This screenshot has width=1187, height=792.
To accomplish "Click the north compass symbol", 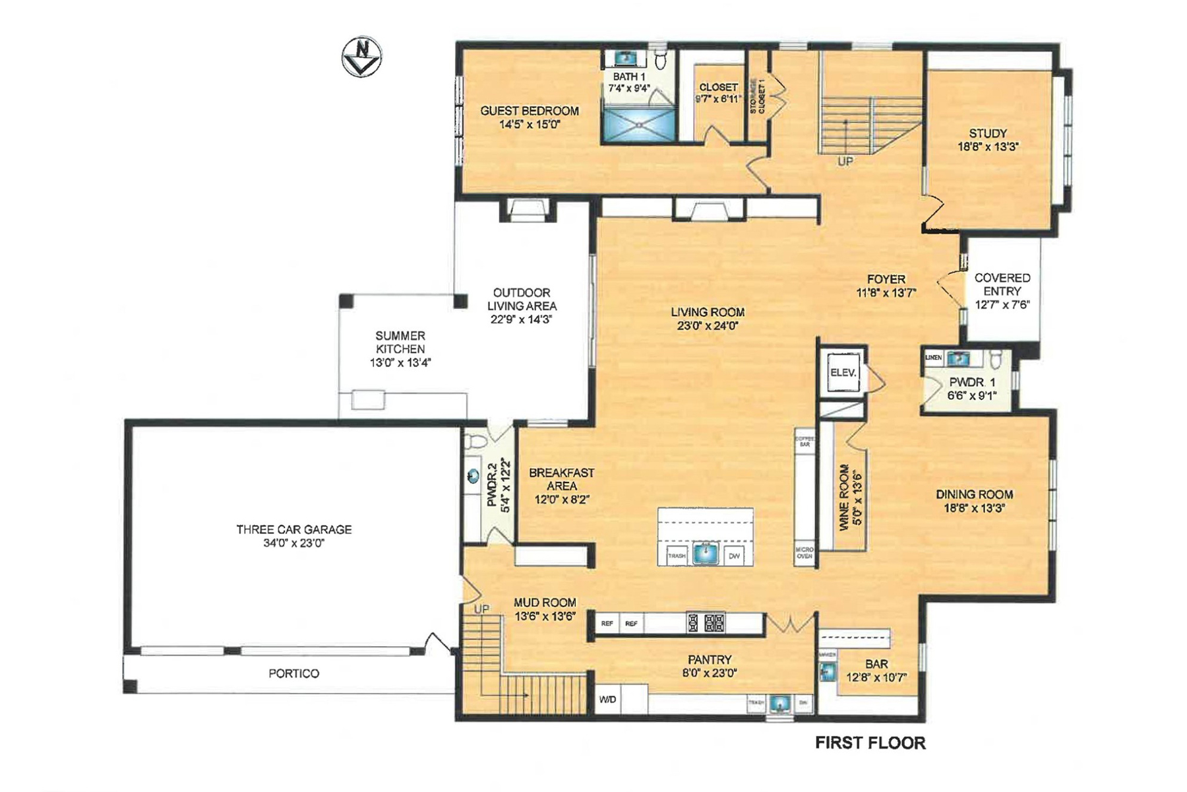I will click(x=361, y=57).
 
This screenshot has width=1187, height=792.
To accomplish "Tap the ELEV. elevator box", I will click(x=843, y=373).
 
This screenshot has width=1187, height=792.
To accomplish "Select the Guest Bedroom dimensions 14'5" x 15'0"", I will click(x=530, y=124).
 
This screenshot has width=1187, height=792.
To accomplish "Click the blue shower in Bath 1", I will click(x=638, y=125).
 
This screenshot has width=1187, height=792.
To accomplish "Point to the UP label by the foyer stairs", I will click(x=845, y=161).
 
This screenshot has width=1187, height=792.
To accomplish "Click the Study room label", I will click(x=987, y=133).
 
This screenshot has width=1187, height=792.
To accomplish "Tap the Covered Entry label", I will click(x=1002, y=284).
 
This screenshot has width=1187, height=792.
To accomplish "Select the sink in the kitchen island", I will click(x=706, y=552).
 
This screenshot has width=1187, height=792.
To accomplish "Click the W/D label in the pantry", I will click(x=607, y=700).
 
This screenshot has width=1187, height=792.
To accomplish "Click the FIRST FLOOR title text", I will click(x=870, y=743).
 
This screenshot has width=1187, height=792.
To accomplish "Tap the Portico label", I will click(x=293, y=673).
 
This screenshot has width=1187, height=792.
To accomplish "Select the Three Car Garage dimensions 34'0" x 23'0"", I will click(x=293, y=543).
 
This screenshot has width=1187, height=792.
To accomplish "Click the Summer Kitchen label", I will click(x=400, y=342).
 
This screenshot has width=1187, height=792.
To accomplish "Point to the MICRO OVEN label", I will click(x=804, y=552).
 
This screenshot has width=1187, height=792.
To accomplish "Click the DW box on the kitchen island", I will click(x=734, y=556).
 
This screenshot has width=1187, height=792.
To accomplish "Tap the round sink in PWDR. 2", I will click(x=473, y=476).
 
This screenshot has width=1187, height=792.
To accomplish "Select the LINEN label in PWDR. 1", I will click(x=933, y=358).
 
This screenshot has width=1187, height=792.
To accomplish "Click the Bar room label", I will click(x=876, y=664).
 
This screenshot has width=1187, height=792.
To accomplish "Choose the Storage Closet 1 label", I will click(x=757, y=98).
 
